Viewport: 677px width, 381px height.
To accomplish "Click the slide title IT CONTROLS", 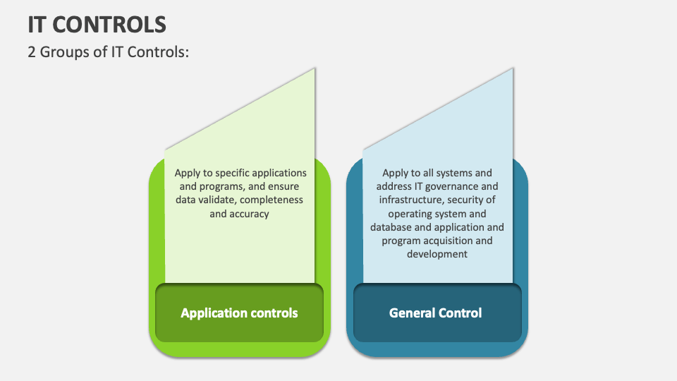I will pyautogui.click(x=97, y=25).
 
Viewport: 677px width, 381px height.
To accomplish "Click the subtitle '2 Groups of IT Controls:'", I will pyautogui.click(x=109, y=52).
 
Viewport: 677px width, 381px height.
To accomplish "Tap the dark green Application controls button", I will pyautogui.click(x=239, y=313).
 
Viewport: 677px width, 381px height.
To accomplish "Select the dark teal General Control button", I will pyautogui.click(x=436, y=313).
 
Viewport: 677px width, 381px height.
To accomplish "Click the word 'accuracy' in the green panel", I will pyautogui.click(x=249, y=213).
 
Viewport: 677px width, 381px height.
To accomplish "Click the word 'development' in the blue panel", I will pyautogui.click(x=437, y=254).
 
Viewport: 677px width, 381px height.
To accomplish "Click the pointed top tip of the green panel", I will pyautogui.click(x=315, y=69).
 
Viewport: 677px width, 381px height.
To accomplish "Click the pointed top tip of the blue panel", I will pyautogui.click(x=513, y=69).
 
